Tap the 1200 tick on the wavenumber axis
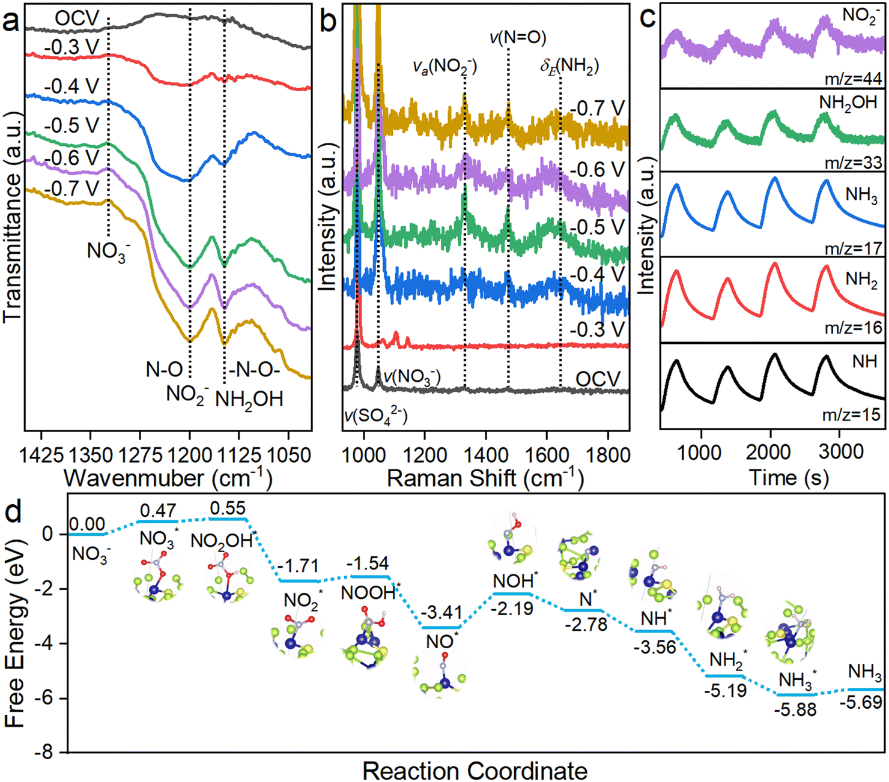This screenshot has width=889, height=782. tap(190, 456)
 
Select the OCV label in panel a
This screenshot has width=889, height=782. tap(77, 19)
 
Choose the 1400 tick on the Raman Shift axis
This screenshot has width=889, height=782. tap(485, 456)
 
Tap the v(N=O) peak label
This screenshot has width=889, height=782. tap(518, 38)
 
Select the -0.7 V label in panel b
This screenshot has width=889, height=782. tap(597, 108)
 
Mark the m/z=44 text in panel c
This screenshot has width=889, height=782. tap(854, 79)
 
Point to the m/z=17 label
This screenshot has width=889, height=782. tap(854, 249)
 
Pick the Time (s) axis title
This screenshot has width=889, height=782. tap(789, 477)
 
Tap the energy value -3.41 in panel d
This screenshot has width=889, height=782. tap(442, 612)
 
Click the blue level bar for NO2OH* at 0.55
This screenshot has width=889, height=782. tap(228, 519)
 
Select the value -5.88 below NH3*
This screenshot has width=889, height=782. tap(795, 709)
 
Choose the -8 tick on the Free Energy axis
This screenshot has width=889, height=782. tap(53, 753)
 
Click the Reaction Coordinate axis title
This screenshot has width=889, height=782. tap(475, 770)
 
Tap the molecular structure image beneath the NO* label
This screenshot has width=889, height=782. tap(440, 676)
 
